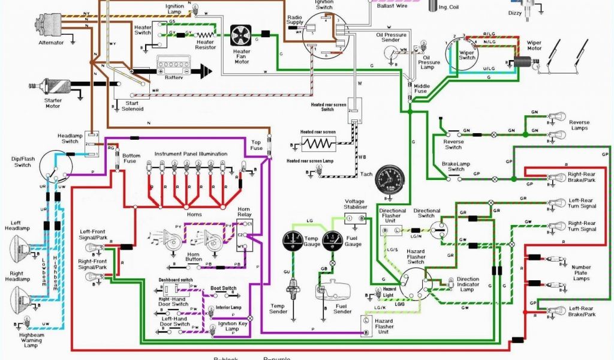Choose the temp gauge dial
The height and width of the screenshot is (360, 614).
[x=296, y=243]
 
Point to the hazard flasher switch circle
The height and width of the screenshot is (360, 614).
[x=413, y=281]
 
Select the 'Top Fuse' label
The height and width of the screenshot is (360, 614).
[x=256, y=145]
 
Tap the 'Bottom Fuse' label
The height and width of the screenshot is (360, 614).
[x=131, y=160]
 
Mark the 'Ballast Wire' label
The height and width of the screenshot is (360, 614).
[x=393, y=5]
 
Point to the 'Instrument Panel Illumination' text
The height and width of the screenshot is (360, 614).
[x=191, y=154]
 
